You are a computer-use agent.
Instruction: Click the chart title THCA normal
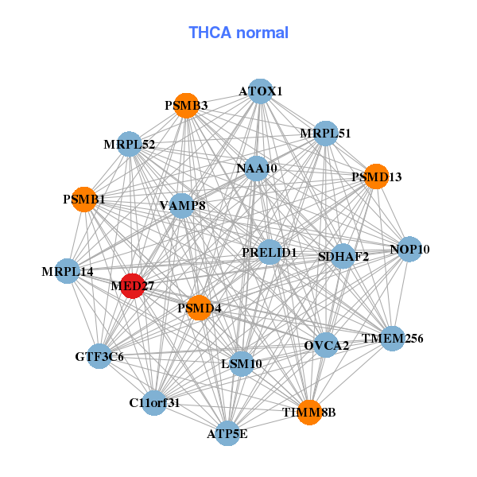(238, 33)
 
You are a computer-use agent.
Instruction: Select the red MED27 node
(131, 286)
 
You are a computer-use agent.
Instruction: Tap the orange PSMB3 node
(185, 106)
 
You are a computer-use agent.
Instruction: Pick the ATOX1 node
(261, 91)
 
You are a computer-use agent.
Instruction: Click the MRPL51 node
(324, 133)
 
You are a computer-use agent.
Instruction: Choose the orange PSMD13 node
(376, 176)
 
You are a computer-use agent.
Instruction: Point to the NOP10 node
(409, 250)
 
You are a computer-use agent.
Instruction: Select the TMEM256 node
(392, 339)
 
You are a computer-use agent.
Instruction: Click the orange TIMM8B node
(309, 412)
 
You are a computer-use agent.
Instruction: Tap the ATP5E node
(227, 433)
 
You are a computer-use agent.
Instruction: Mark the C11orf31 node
(154, 402)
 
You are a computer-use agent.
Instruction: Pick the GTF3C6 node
(100, 356)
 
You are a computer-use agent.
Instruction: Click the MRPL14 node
(68, 272)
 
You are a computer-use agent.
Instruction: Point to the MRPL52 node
(129, 145)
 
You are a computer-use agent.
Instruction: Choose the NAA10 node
(257, 169)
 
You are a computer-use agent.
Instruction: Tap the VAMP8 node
(182, 206)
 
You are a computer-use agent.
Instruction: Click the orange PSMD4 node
(199, 308)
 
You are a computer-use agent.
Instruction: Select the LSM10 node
(241, 364)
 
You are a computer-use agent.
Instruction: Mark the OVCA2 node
(326, 345)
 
